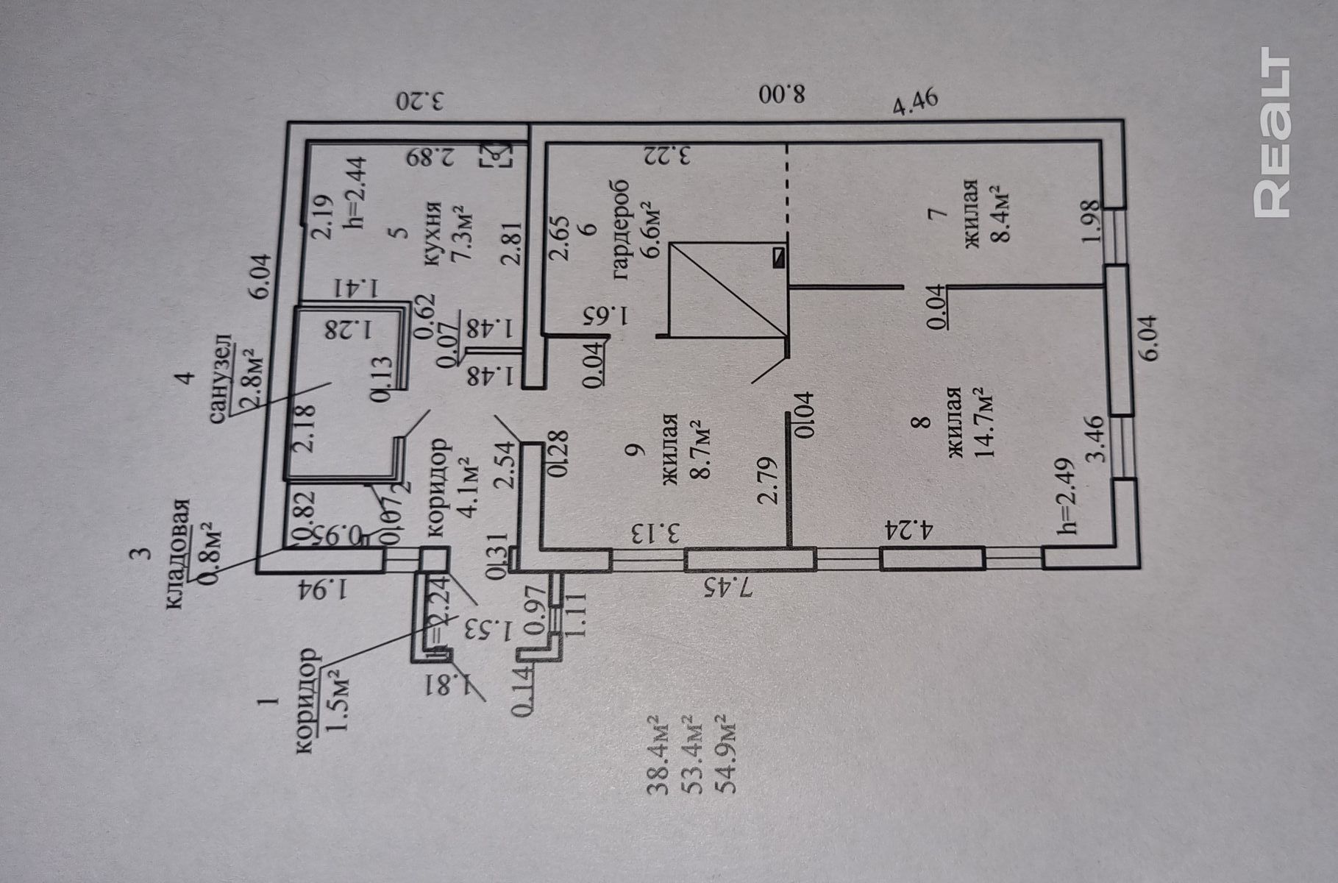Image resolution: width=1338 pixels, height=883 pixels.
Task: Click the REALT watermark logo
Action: pyautogui.click(x=1272, y=132)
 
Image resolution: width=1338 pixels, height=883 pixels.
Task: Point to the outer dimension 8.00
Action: pyautogui.click(x=783, y=93)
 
